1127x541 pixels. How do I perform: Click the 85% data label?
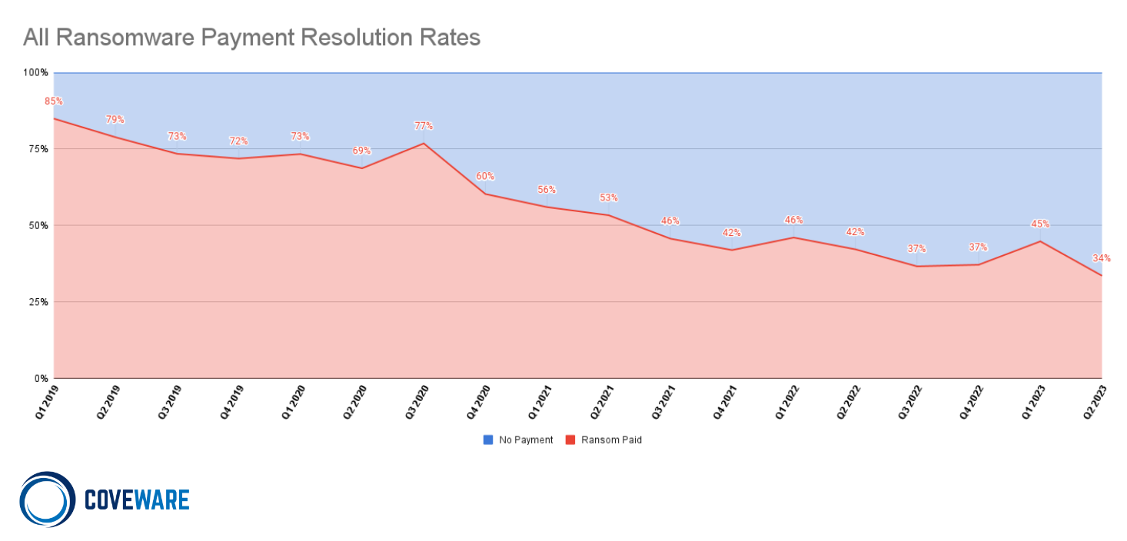click(x=53, y=101)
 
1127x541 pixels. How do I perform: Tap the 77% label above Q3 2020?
click(x=424, y=126)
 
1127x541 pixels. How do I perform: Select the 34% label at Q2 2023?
click(x=1101, y=258)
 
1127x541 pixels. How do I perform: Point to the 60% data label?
click(x=485, y=176)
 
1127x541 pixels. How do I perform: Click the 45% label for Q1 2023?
click(x=1040, y=224)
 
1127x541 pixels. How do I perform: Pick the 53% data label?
click(x=608, y=197)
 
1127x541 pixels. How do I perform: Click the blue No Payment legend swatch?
click(x=488, y=440)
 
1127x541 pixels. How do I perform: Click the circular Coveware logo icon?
click(x=47, y=500)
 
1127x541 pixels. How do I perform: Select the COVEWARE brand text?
click(x=136, y=500)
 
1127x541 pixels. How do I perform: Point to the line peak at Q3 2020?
click(x=424, y=143)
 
